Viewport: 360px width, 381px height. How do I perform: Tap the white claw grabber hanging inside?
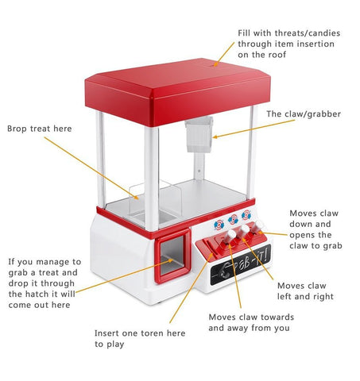tap(199, 134)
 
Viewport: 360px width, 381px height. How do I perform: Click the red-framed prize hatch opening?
tap(173, 256)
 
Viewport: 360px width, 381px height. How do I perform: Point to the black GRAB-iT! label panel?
tap(240, 265)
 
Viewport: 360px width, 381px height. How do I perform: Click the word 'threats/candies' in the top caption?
tap(308, 33)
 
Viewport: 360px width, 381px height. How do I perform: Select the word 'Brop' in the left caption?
tap(17, 129)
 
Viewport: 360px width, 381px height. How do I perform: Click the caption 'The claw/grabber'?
tap(304, 114)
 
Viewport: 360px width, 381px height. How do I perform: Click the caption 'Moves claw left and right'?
tap(305, 291)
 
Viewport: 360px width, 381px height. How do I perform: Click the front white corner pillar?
tap(152, 179)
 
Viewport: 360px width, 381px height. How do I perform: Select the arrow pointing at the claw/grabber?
tap(254, 129)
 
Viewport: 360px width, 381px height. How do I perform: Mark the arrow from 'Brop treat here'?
tap(91, 168)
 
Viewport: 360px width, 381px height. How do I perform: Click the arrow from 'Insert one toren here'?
tap(192, 288)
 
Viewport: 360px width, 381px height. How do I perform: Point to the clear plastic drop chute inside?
tap(155, 200)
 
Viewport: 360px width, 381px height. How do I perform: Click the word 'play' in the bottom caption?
tap(115, 344)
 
